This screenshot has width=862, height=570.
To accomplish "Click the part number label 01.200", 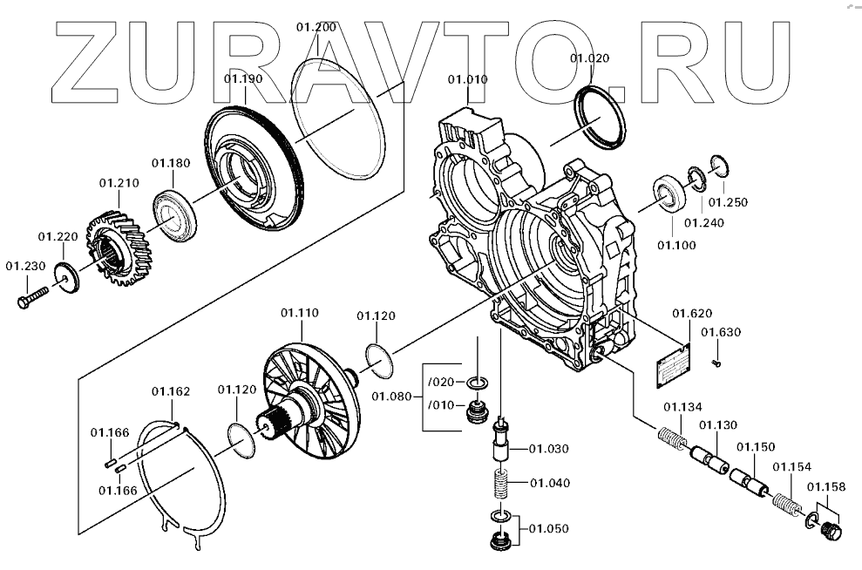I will pos(316,28).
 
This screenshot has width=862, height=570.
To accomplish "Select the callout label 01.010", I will pos(468,79).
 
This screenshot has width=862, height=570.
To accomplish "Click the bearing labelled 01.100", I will pos(669,194).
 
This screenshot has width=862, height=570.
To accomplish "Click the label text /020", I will pos(441,381).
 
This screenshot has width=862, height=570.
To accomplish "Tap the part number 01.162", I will pos(171,391).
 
